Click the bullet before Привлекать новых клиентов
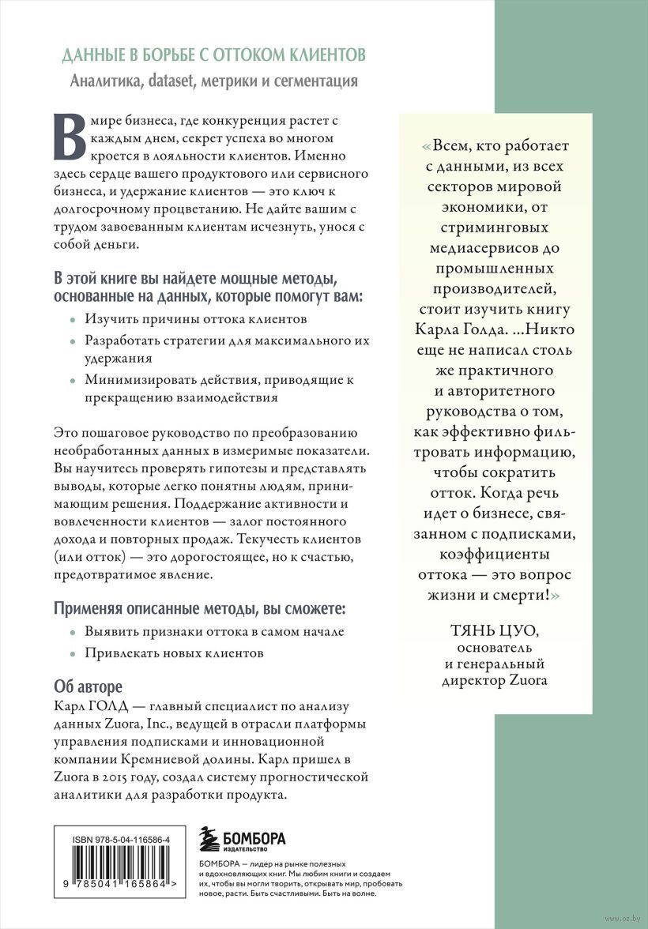tap(72, 654)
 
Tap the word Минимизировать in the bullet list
tap(135, 380)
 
